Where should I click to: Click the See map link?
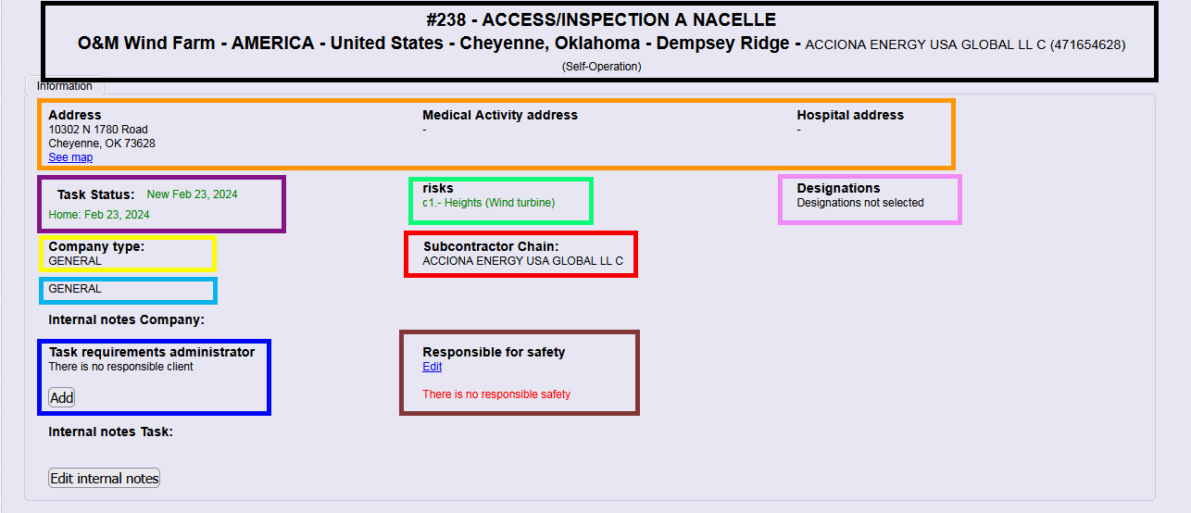(x=70, y=157)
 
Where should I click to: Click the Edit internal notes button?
(x=105, y=479)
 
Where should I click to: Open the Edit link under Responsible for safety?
(x=432, y=367)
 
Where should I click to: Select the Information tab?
(x=64, y=86)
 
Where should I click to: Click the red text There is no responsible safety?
(x=496, y=394)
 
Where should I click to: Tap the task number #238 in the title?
(x=445, y=20)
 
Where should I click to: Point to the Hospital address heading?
(x=850, y=115)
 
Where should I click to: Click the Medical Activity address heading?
(x=500, y=115)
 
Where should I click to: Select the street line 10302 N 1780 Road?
(x=98, y=130)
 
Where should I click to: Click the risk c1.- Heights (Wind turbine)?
(x=489, y=203)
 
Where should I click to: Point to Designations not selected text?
(x=859, y=203)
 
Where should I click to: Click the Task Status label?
(x=95, y=194)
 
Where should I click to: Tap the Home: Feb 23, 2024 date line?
(x=99, y=215)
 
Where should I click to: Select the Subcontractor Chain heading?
(x=491, y=246)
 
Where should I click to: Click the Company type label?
(x=96, y=246)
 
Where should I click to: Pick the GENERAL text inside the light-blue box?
(x=74, y=289)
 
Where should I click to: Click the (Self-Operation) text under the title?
(x=601, y=67)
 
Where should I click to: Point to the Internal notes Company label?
(x=127, y=320)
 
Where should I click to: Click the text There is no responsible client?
(x=120, y=367)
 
